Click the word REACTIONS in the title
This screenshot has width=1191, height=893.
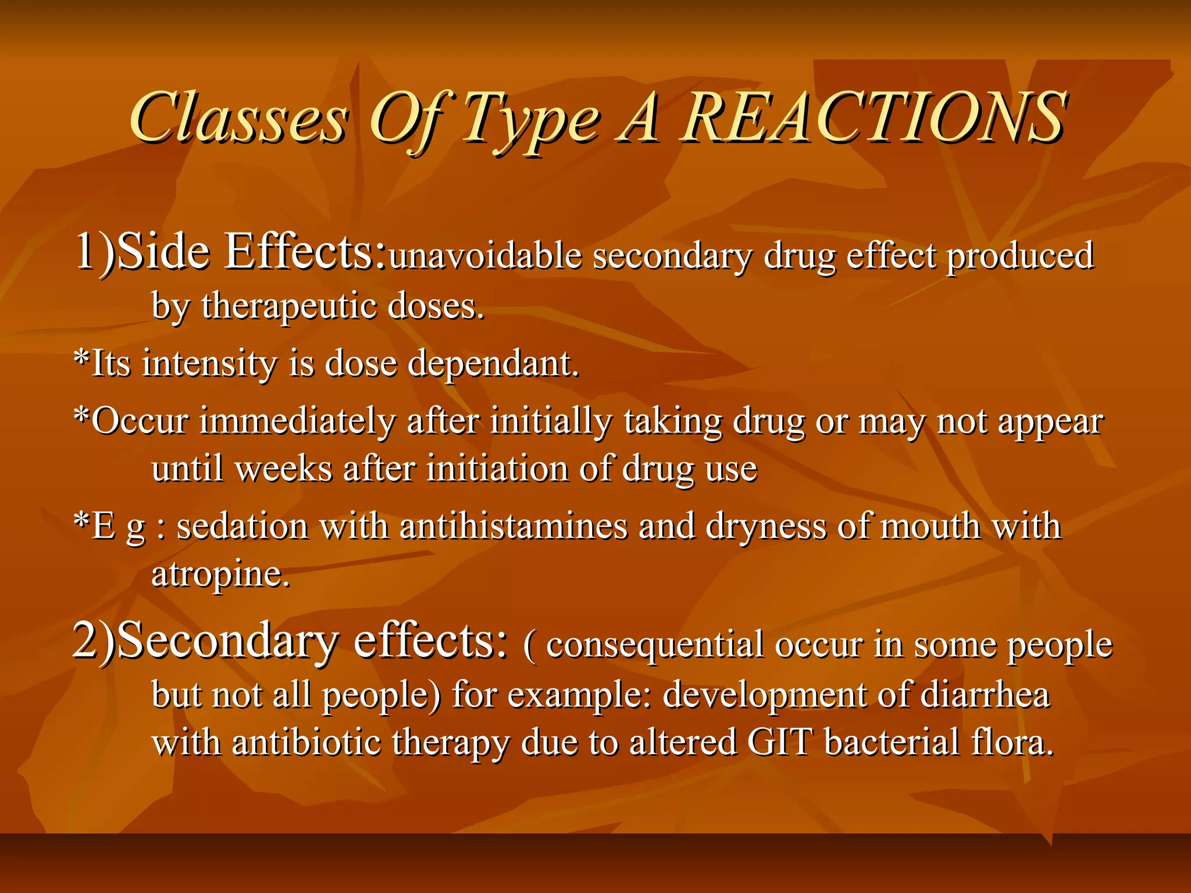pyautogui.click(x=875, y=118)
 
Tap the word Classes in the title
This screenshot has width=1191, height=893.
pyautogui.click(x=238, y=118)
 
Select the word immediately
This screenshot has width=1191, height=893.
pyautogui.click(x=297, y=422)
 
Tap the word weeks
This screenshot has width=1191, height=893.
pyautogui.click(x=283, y=469)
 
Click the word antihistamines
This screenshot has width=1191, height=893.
pyautogui.click(x=514, y=527)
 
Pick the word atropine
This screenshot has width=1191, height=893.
pyautogui.click(x=219, y=574)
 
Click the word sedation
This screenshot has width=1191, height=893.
pyautogui.click(x=242, y=527)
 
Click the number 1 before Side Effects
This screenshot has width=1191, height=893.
pyautogui.click(x=85, y=251)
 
